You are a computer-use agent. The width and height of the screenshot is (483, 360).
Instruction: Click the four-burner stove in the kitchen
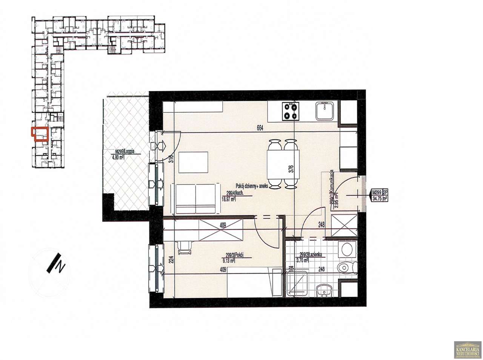pyautogui.click(x=289, y=111)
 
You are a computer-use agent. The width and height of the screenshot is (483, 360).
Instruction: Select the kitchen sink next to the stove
pyautogui.click(x=324, y=111)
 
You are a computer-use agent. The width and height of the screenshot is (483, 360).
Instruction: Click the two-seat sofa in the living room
pyautogui.click(x=195, y=198)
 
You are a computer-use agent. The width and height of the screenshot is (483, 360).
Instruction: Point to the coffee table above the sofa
pyautogui.click(x=193, y=162)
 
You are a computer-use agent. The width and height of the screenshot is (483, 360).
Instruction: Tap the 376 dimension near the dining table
pyautogui.click(x=291, y=169)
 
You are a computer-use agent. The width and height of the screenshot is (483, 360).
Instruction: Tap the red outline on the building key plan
pyautogui.click(x=40, y=134)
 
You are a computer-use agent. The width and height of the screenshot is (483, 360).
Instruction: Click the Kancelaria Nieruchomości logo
pyautogui.click(x=467, y=349)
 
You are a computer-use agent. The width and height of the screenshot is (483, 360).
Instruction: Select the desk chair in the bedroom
pyautogui.click(x=185, y=246)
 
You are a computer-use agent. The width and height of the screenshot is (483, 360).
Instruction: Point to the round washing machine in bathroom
pyautogui.click(x=346, y=249)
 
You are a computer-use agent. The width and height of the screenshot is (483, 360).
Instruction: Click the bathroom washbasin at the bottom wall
pyautogui.click(x=324, y=290)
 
